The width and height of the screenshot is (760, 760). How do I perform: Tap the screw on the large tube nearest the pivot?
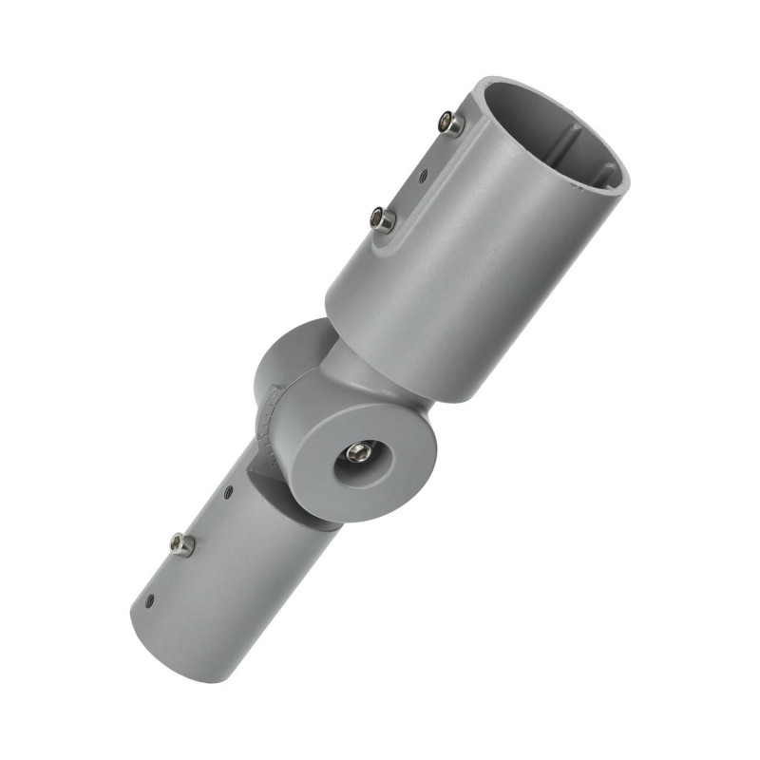[x=383, y=219]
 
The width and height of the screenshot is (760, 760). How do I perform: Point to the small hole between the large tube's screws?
[x=423, y=175]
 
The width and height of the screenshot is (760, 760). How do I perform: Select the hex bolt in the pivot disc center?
[x=358, y=451]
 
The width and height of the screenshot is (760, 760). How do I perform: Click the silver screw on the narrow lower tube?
[x=181, y=543]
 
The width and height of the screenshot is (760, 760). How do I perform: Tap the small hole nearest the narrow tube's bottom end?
[x=149, y=600]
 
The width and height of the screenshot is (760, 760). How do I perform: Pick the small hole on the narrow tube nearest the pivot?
[x=228, y=491]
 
